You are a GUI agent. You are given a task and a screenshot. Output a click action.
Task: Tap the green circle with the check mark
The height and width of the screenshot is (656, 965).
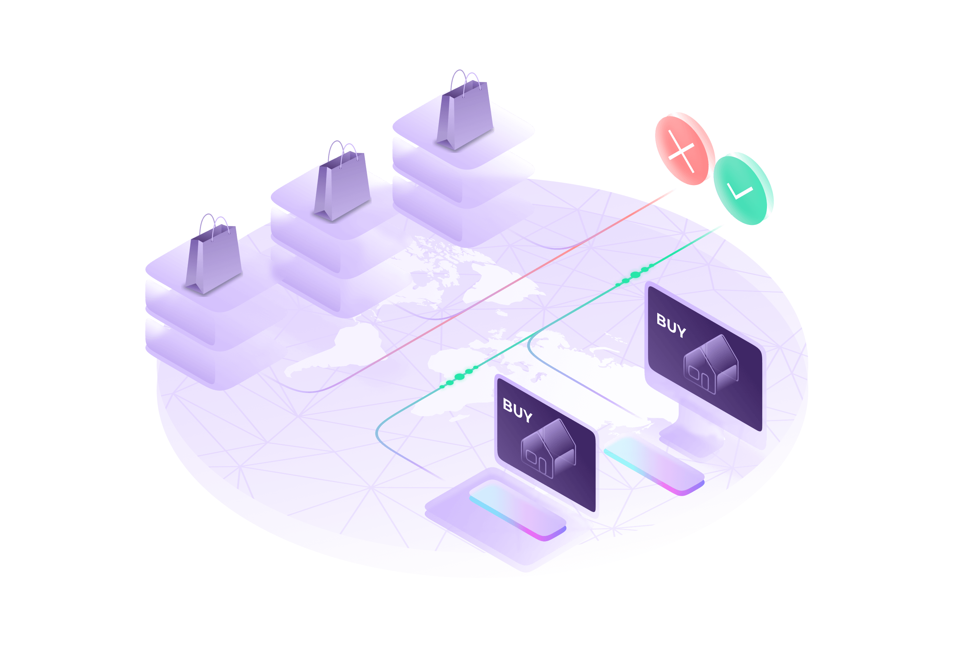743,189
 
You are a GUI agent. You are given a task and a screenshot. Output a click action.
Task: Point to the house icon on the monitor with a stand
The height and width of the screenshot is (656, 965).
711,365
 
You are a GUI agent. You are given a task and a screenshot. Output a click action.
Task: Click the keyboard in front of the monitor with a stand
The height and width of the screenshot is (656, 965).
654,463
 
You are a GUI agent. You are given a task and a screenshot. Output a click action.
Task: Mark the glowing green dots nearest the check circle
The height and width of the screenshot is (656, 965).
635,275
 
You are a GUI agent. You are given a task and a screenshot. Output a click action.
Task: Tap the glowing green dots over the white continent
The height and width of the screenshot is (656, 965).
459,377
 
